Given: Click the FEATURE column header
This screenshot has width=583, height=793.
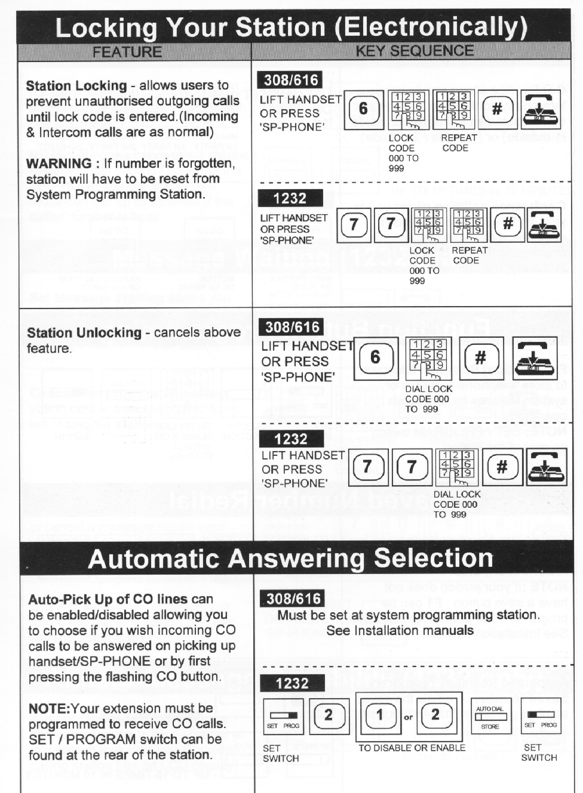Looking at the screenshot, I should coord(127,52).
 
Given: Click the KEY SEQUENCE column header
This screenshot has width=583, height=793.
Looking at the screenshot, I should coord(415,51).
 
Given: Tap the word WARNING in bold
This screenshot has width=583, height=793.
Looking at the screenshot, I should coord(59,163).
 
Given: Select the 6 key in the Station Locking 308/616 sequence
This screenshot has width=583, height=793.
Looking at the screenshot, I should coord(363,109).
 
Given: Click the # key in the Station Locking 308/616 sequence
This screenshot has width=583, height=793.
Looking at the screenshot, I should coord(497,109).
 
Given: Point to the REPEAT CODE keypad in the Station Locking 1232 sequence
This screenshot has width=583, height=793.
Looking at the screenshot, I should coord(469,225).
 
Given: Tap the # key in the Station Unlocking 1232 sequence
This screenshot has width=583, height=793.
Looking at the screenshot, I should coord(502,467).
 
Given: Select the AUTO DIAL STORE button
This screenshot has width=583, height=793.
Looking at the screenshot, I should coord(490,715).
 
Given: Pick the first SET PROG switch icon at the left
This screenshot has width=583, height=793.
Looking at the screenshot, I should coord(283,716).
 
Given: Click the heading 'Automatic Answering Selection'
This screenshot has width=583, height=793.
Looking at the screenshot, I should coord(291,559).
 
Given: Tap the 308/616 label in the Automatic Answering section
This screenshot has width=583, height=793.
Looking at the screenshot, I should coord(293,598).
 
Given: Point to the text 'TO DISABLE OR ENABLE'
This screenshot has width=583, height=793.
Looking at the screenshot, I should coord(412,748).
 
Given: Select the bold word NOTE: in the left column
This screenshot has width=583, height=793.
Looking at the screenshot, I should coord(49,709).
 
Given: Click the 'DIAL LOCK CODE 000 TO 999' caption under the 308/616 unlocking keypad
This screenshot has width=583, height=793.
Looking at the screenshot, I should coord(428,399).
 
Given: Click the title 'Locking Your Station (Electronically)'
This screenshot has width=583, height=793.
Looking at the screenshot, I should coord(291,27).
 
